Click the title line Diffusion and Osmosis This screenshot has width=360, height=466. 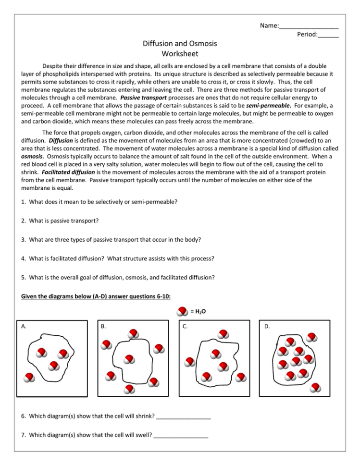(180, 44)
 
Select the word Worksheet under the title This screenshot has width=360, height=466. (180, 54)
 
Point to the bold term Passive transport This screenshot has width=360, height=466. (144, 97)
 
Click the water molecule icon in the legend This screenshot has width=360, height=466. (183, 311)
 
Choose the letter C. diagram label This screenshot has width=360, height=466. (185, 326)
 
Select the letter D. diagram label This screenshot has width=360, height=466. (267, 326)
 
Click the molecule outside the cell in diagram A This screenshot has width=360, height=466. (30, 378)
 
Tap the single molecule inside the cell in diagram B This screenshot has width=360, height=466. (129, 359)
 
